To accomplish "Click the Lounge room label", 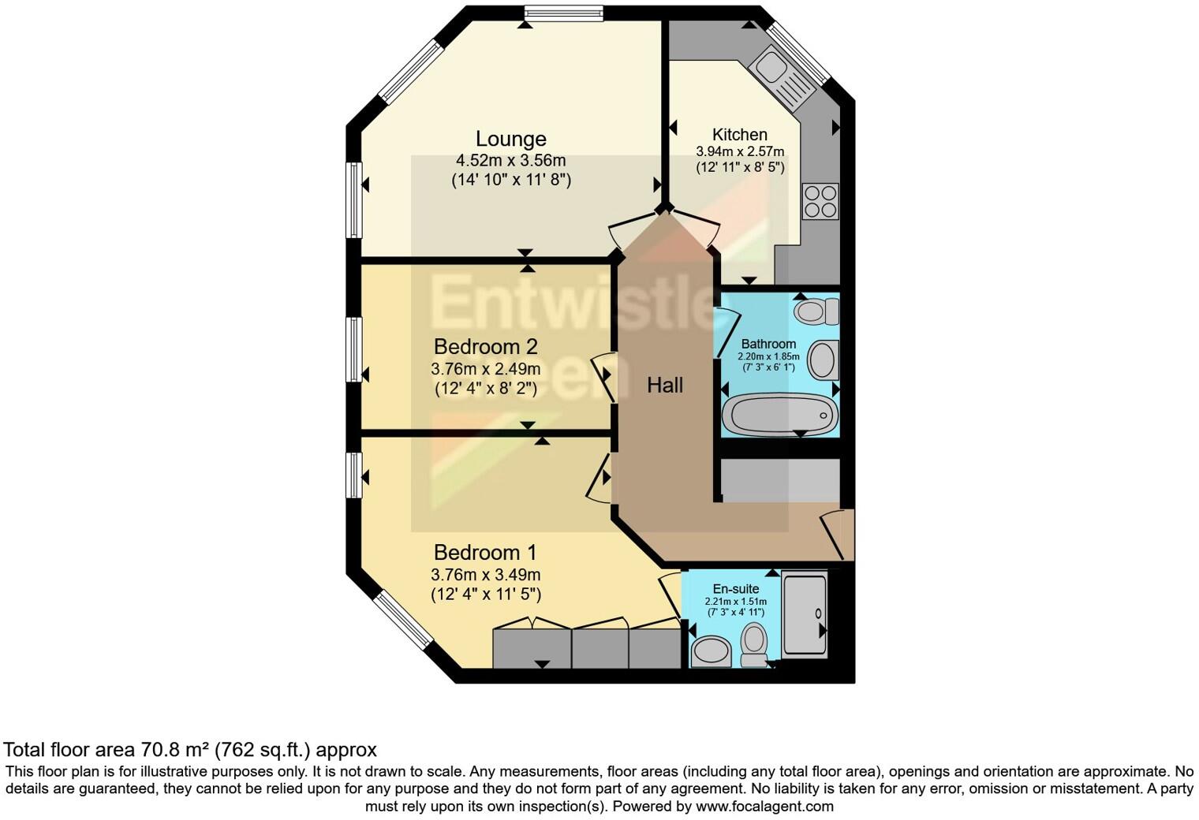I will pyautogui.click(x=510, y=139).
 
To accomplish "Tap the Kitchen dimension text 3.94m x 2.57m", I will pyautogui.click(x=739, y=151).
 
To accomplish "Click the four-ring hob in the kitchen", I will pyautogui.click(x=820, y=201).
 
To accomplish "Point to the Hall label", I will pyautogui.click(x=664, y=385).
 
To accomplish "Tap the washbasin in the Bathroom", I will pyautogui.click(x=823, y=361).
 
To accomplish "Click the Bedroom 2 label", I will pyautogui.click(x=485, y=346).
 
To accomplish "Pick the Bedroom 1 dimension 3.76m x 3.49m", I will pyautogui.click(x=485, y=575).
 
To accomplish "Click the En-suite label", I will pyautogui.click(x=735, y=589).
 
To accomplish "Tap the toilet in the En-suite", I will pyautogui.click(x=754, y=644).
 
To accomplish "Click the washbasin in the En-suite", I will pyautogui.click(x=712, y=651).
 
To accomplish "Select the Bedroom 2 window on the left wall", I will pyautogui.click(x=354, y=348).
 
